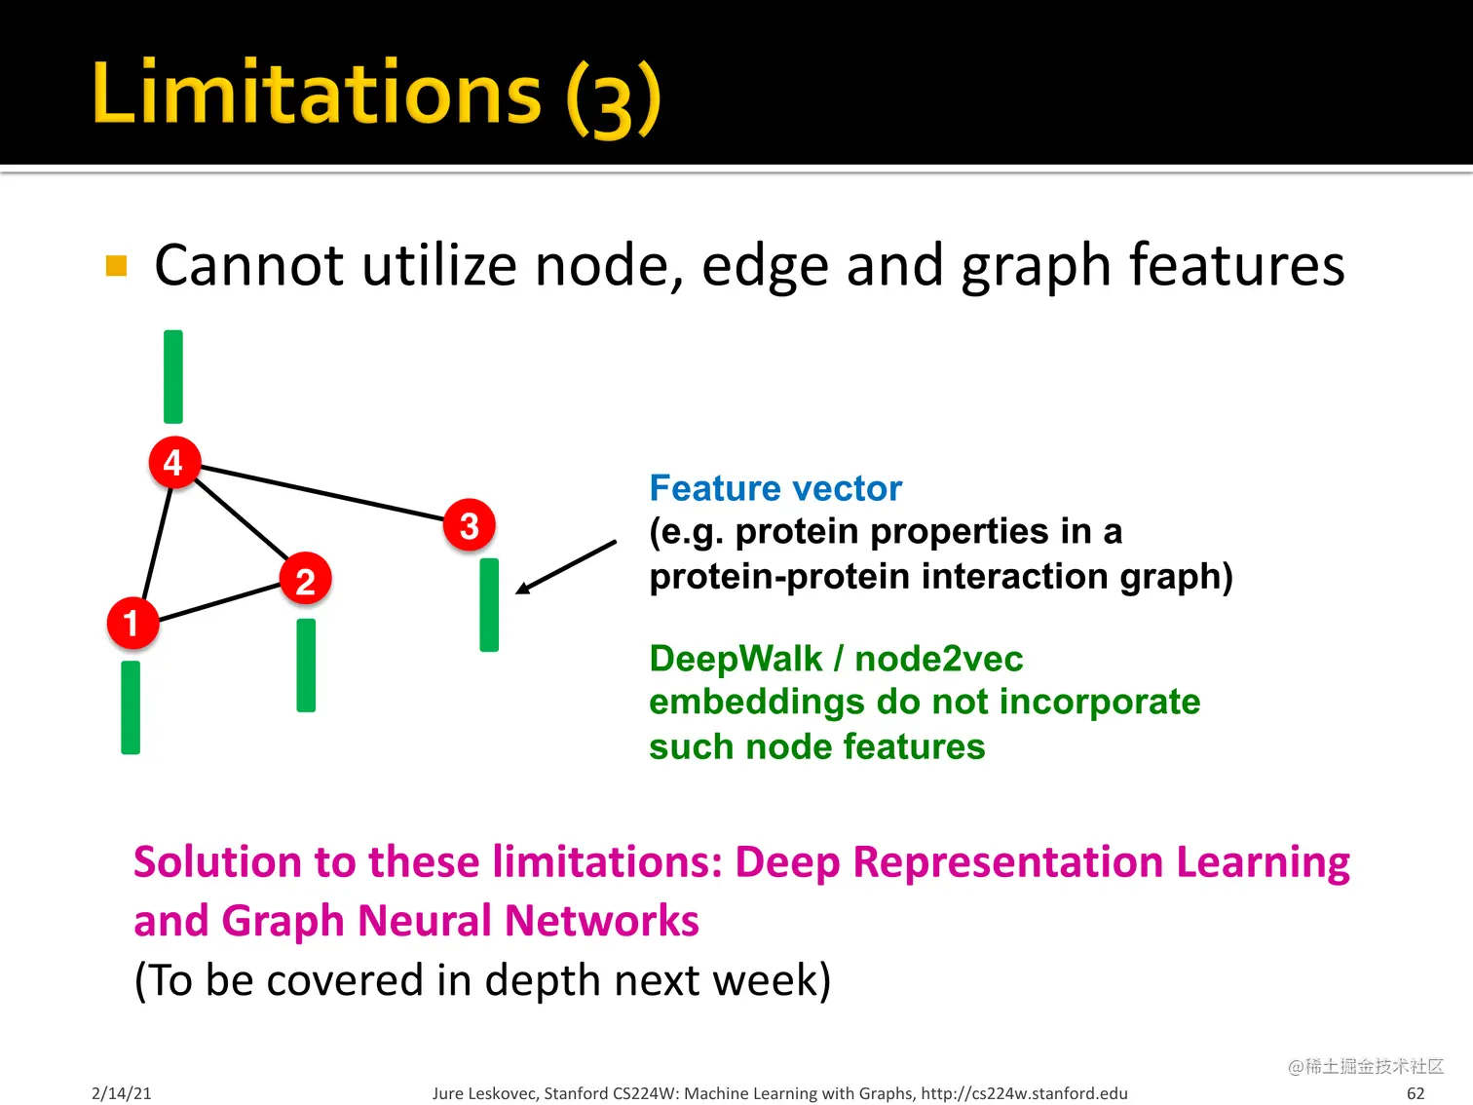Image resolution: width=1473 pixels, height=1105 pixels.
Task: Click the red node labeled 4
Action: click(173, 462)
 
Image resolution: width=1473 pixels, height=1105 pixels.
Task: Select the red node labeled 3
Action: click(469, 524)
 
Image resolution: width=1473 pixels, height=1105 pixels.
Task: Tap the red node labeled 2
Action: click(305, 579)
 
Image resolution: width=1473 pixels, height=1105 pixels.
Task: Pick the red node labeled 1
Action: click(132, 623)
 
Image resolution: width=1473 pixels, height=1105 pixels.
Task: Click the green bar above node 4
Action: click(173, 376)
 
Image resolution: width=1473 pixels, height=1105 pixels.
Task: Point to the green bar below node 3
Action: click(489, 604)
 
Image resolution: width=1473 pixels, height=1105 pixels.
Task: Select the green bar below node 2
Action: click(306, 665)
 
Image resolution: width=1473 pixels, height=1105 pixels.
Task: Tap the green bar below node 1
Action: click(131, 707)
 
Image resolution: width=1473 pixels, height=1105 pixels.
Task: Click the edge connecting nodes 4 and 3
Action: click(322, 493)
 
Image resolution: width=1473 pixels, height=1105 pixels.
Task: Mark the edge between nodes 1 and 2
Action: click(219, 601)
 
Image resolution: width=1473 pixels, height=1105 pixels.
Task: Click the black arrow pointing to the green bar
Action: click(566, 567)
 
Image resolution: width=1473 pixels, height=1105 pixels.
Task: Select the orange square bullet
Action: click(117, 266)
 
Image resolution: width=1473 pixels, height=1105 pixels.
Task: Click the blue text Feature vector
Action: click(775, 488)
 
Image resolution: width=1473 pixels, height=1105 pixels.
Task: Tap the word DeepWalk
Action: click(736, 658)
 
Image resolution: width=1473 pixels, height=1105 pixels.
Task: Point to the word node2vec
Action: click(939, 658)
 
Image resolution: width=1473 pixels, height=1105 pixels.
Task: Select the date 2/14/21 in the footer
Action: click(122, 1093)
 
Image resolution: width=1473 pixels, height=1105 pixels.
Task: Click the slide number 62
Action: click(1416, 1093)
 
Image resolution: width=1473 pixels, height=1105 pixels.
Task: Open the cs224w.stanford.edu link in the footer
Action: click(1024, 1093)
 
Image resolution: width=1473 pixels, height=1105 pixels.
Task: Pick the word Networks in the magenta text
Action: click(601, 920)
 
